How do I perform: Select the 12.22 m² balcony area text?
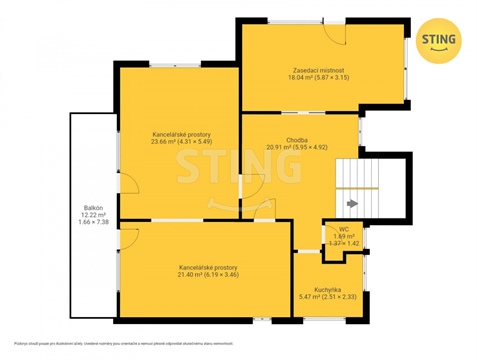(x=94, y=215)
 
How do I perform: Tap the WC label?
(x=343, y=228)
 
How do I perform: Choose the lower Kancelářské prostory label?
(x=208, y=267)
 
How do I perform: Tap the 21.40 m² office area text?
(x=208, y=276)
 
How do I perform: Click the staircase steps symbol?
(x=358, y=186)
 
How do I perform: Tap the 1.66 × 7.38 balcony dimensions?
(x=94, y=224)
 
